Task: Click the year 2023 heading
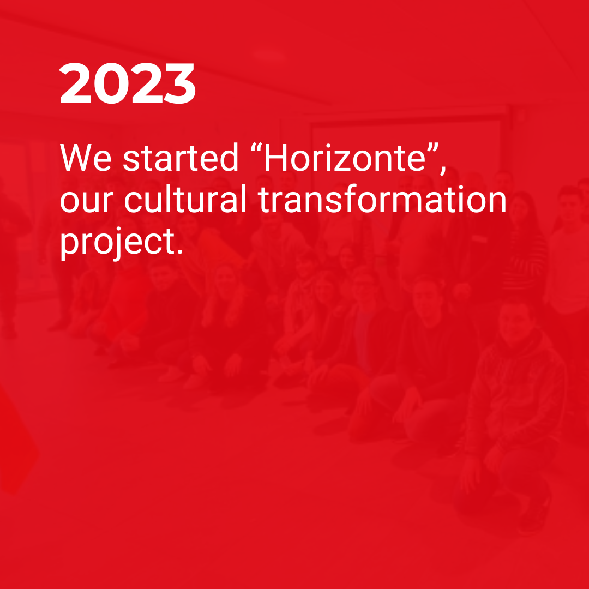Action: click(x=127, y=83)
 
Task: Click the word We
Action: click(x=86, y=158)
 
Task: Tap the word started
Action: click(x=181, y=158)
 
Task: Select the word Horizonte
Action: click(x=345, y=158)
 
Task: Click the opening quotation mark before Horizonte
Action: click(x=256, y=148)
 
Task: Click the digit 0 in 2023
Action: click(x=111, y=83)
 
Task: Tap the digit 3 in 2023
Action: click(x=180, y=83)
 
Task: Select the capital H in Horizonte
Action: click(x=276, y=158)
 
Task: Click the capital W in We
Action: click(x=76, y=158)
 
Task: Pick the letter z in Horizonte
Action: click(x=342, y=161)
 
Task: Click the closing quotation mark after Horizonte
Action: click(x=433, y=148)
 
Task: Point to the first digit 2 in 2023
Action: click(x=75, y=83)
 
